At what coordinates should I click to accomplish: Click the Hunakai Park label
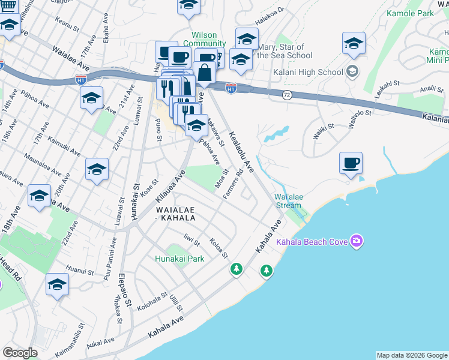click(x=179, y=259)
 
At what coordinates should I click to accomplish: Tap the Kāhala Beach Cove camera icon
click(x=357, y=241)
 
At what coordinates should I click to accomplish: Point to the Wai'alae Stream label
click(x=288, y=201)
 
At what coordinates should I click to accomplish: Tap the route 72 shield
click(x=287, y=95)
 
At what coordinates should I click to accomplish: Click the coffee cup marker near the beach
click(x=351, y=163)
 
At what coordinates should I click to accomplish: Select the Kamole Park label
click(x=427, y=13)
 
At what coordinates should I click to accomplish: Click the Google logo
click(x=20, y=353)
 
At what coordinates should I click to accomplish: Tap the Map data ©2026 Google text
click(x=412, y=355)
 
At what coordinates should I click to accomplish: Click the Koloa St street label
click(x=218, y=248)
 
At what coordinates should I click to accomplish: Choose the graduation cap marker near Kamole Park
click(x=354, y=43)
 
